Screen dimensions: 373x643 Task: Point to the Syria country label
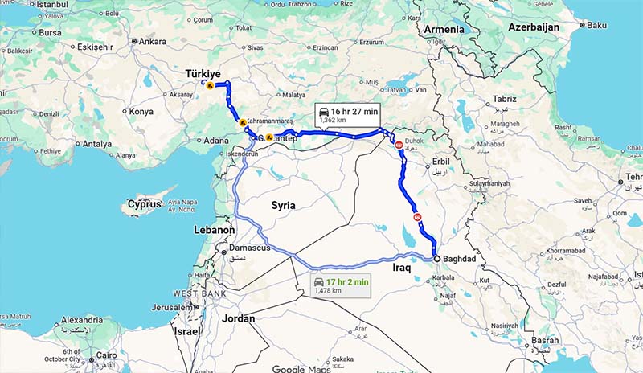(283, 206)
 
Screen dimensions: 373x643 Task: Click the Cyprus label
(145, 205)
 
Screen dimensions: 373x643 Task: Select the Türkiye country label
(203, 74)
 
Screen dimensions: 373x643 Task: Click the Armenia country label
(444, 30)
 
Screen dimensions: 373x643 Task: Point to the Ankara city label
(152, 41)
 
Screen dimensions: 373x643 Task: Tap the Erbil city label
(440, 159)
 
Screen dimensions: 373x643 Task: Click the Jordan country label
(239, 319)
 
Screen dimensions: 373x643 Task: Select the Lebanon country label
(215, 230)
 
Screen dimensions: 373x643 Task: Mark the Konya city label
(141, 112)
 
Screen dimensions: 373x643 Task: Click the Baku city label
(596, 25)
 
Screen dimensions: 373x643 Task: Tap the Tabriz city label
(505, 99)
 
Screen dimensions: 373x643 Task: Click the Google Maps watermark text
(301, 368)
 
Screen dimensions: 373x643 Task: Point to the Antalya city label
(97, 145)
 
